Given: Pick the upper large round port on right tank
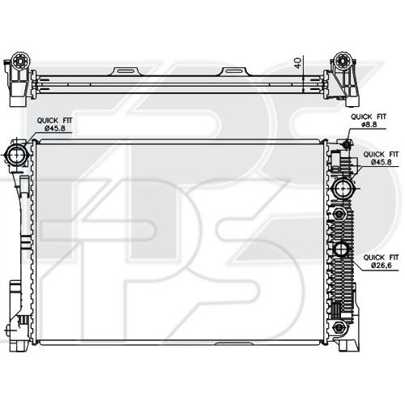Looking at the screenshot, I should tap(342, 192).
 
